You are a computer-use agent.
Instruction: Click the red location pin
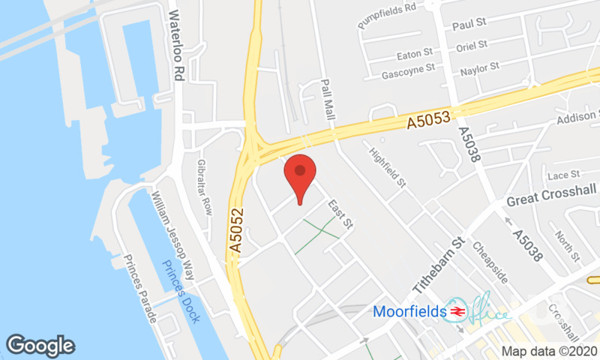click(300, 173)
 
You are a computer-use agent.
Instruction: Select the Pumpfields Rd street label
click(387, 15)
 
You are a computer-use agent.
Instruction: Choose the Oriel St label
click(472, 46)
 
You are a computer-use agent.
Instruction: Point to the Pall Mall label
click(327, 100)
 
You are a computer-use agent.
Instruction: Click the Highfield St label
click(387, 166)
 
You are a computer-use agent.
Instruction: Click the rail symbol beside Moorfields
click(454, 310)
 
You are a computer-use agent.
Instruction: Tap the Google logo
click(40, 345)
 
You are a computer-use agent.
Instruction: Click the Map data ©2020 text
click(549, 350)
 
